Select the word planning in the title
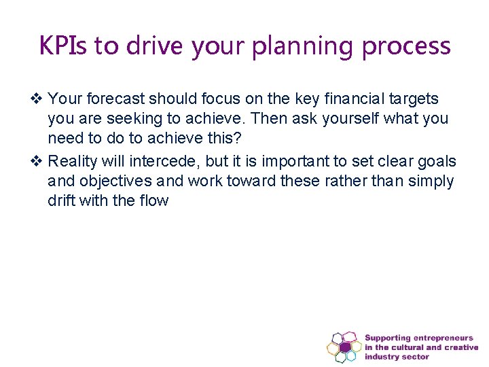(x=308, y=46)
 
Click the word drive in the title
(x=156, y=46)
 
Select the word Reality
(x=73, y=162)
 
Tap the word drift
(x=61, y=200)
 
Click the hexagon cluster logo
(x=344, y=347)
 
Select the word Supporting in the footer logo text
(x=388, y=338)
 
